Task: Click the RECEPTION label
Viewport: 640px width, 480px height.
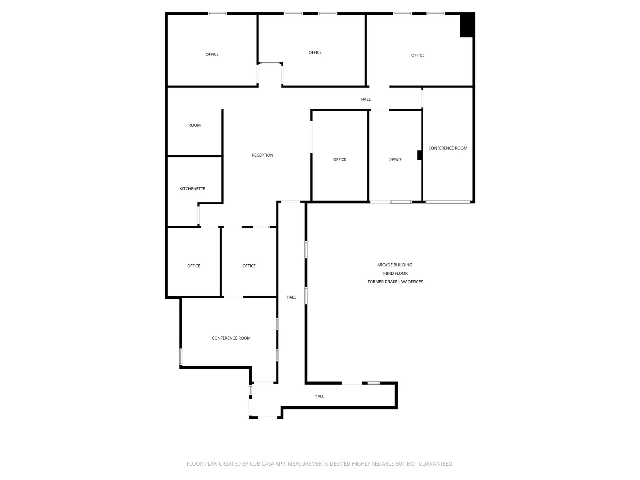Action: (x=262, y=155)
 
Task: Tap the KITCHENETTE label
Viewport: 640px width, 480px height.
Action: (x=192, y=189)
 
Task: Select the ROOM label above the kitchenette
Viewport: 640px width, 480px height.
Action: (x=195, y=125)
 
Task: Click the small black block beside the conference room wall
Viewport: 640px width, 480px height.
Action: (x=420, y=155)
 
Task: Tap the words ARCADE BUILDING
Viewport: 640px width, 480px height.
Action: (x=395, y=265)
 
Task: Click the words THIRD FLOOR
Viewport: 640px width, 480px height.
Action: (x=395, y=273)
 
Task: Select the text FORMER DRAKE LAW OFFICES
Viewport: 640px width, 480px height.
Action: (x=395, y=282)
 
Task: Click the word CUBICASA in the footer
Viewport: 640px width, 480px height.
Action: (x=262, y=464)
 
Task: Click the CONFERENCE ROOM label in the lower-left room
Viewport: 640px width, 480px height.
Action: (x=231, y=338)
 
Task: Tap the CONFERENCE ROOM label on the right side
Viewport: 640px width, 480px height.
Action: (x=448, y=148)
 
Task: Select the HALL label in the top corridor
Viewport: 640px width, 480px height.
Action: (x=366, y=100)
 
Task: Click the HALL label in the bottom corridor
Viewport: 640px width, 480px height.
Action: (x=319, y=396)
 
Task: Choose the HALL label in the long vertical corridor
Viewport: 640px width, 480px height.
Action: (x=291, y=297)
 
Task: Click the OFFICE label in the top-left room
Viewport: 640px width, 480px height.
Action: (x=212, y=55)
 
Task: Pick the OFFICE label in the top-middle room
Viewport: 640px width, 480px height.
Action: (x=315, y=53)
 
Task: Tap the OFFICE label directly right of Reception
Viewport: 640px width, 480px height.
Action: (x=340, y=159)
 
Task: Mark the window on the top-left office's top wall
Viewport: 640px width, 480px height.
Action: (x=217, y=14)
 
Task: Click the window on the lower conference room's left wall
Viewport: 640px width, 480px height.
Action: (x=181, y=357)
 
